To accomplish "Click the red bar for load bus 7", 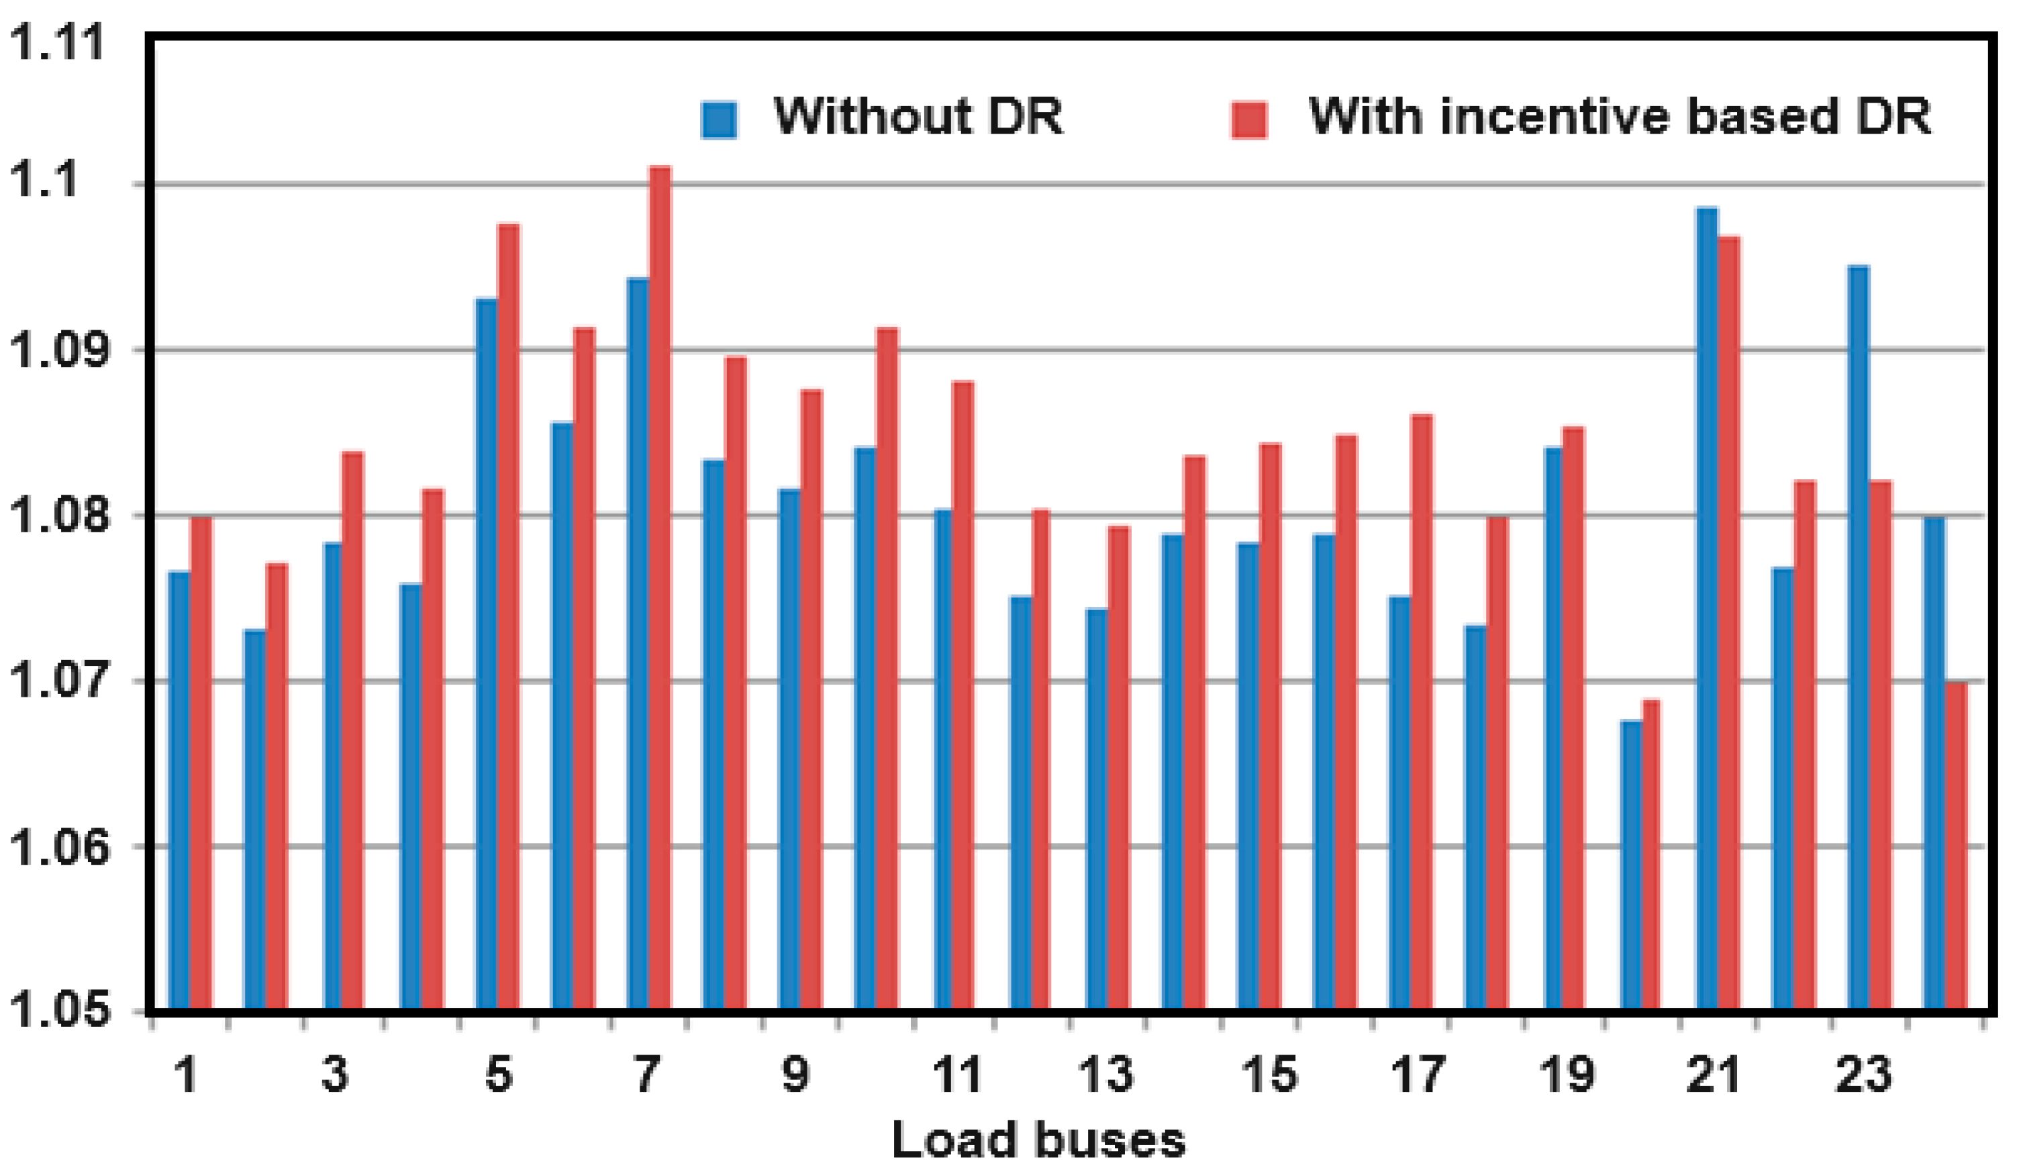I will point(660,585).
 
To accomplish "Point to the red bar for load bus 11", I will point(963,694).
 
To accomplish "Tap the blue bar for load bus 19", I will point(1553,727).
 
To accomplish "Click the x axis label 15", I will point(1268,1074).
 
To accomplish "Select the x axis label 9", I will point(795,1074).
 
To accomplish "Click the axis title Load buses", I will point(1038,1140).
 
